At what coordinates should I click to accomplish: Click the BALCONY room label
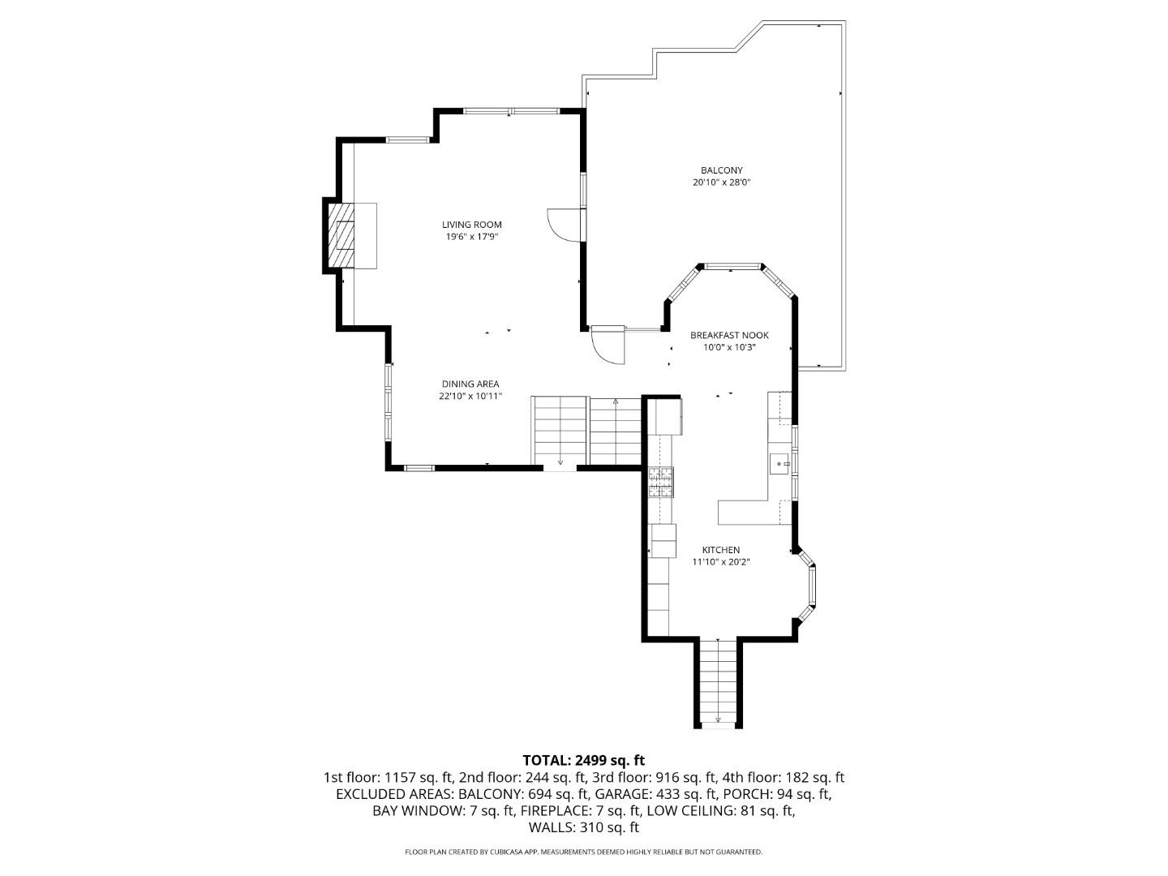(721, 170)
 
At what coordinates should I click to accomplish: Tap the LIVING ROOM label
(471, 225)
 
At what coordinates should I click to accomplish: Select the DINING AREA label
(470, 384)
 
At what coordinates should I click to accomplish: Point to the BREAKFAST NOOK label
(729, 335)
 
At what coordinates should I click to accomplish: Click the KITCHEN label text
(720, 550)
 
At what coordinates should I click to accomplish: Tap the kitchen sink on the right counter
(779, 464)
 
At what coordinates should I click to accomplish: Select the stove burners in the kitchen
(660, 482)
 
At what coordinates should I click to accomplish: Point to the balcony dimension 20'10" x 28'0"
(721, 182)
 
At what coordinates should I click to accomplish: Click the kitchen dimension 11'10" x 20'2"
(720, 562)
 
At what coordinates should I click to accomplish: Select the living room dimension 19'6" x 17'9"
(471, 237)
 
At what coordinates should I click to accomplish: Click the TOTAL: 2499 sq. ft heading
(583, 760)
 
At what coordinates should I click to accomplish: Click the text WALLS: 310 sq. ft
(583, 827)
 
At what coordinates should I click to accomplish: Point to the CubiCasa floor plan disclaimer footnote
(583, 852)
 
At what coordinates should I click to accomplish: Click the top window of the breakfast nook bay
(732, 266)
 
